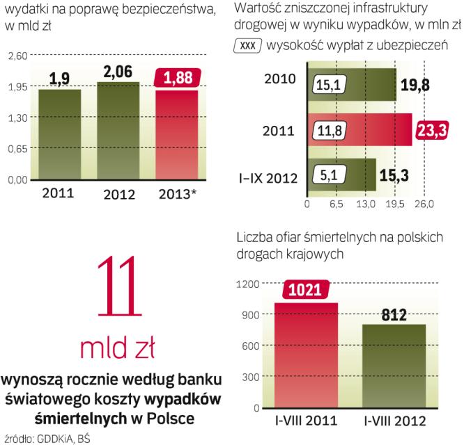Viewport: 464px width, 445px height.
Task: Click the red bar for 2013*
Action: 176,136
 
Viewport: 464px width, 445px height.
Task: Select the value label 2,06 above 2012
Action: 118,72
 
